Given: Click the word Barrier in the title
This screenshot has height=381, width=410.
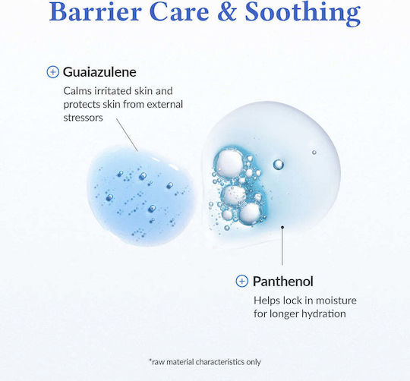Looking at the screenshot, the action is tap(96, 11).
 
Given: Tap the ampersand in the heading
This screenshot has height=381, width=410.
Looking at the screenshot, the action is tap(227, 12).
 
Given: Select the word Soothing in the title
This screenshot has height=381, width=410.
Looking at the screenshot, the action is tap(303, 13).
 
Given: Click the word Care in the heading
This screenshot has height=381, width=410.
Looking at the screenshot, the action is tap(179, 12).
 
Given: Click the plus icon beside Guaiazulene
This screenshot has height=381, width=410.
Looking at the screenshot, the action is tap(53, 72).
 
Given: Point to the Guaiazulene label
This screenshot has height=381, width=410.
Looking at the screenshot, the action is tap(99, 72).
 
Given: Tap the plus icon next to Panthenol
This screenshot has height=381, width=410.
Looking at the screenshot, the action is tap(242, 281).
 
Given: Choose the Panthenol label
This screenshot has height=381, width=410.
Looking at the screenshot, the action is tap(283, 282).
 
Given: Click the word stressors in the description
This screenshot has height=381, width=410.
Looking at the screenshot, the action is tap(84, 118).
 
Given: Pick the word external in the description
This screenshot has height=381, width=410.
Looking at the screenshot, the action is tap(165, 104).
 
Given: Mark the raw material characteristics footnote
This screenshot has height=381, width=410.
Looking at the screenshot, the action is tap(205, 362).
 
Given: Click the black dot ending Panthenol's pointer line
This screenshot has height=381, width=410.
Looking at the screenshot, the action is tap(282, 227).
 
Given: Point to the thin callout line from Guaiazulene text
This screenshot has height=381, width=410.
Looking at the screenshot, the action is tap(127, 135).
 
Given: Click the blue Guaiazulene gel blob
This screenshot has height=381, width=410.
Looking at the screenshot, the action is tap(141, 196).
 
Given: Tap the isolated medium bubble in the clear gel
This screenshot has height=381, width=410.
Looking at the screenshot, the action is tap(278, 165).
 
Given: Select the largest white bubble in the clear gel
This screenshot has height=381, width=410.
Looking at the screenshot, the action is tap(230, 162).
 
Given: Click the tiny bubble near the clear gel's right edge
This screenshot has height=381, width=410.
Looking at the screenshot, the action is tap(314, 153).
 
